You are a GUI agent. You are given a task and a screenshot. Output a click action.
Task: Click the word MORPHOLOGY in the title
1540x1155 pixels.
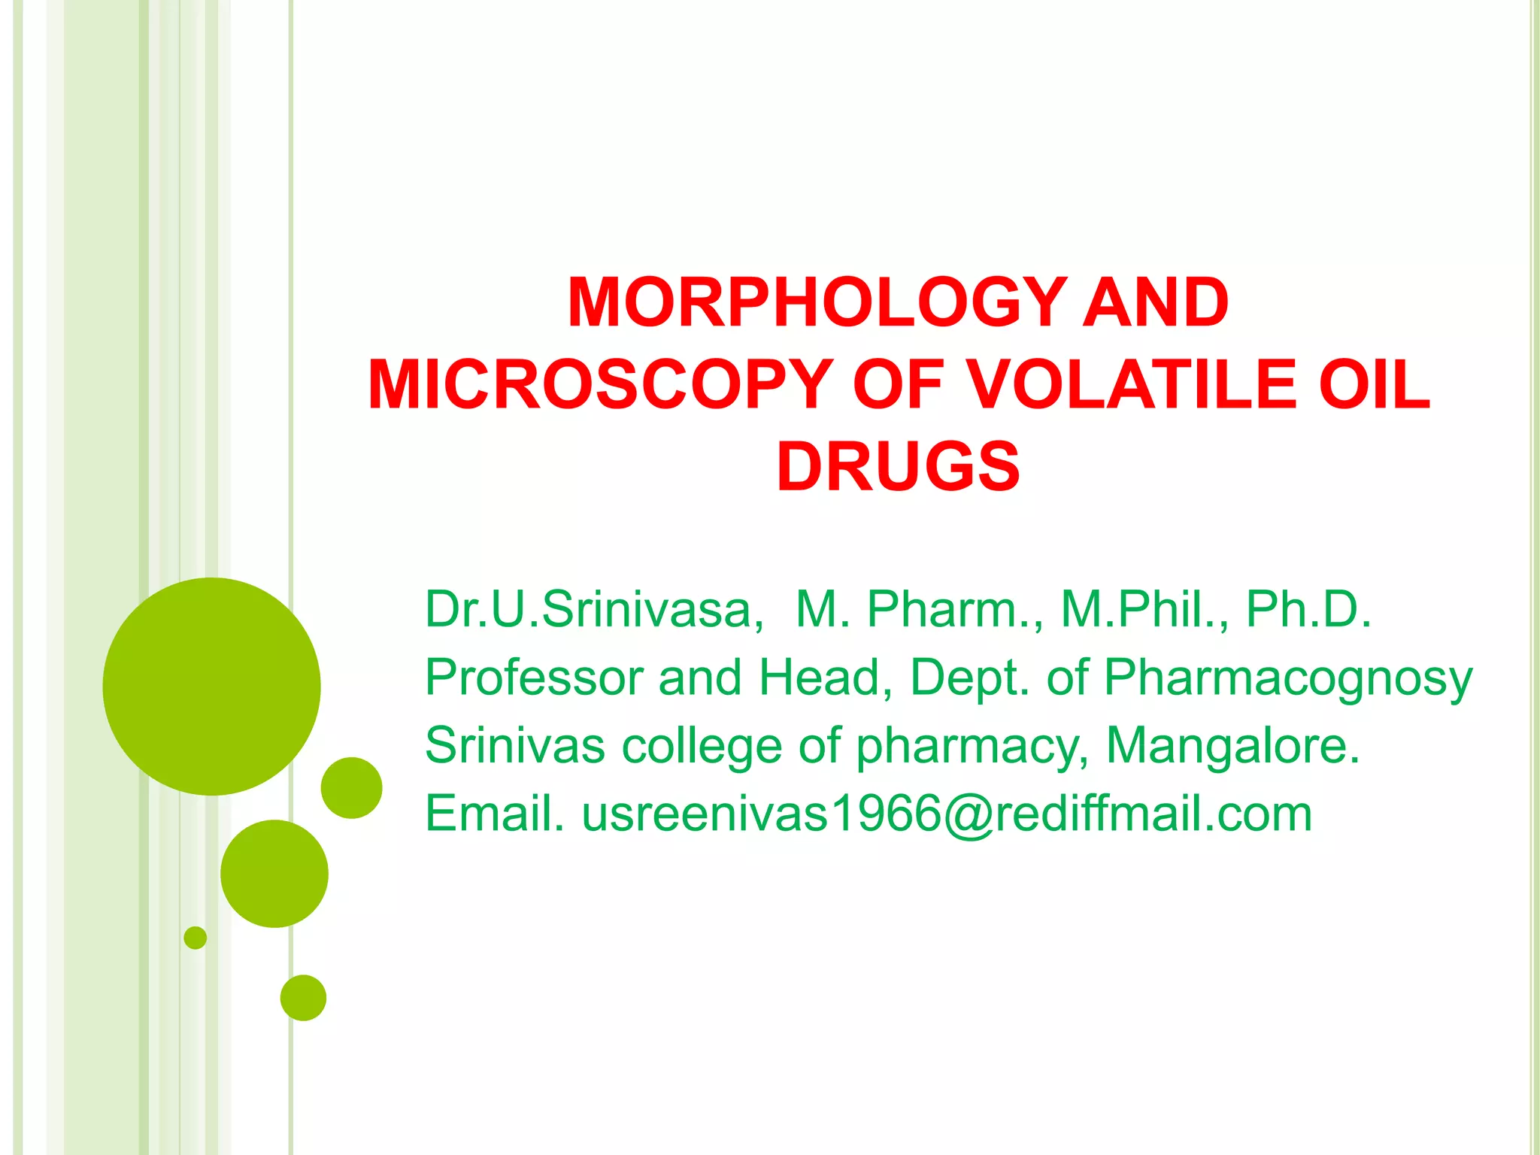[817, 302]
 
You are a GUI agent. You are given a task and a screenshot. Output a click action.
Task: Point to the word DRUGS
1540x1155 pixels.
[898, 467]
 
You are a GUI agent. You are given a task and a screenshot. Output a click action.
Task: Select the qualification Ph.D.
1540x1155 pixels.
[1308, 609]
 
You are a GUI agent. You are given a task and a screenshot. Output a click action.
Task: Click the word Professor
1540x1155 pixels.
[534, 678]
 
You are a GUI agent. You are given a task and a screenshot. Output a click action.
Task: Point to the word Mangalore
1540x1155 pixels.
[1233, 746]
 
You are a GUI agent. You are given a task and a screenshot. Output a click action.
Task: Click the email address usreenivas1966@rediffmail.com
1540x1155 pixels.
[947, 814]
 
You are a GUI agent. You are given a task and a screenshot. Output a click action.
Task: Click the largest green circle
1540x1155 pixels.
[211, 686]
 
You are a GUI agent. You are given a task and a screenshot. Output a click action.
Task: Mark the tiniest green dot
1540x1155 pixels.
[195, 938]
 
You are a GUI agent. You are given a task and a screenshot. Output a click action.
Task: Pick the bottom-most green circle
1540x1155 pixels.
[303, 998]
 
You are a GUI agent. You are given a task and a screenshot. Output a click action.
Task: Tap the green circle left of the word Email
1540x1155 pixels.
[351, 787]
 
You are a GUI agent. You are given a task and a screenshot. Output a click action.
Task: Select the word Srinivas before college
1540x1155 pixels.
[515, 746]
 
